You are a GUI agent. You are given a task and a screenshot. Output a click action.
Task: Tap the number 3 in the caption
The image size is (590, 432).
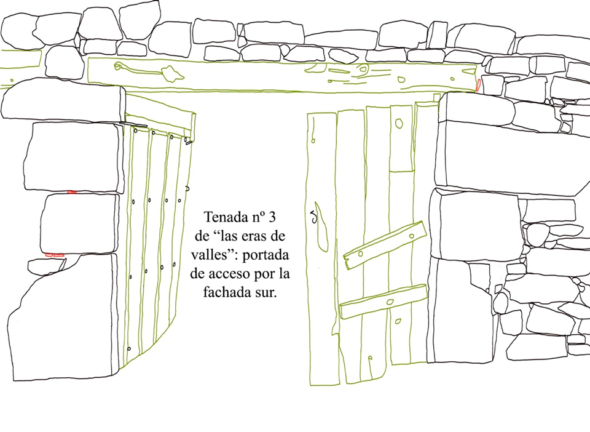(272, 217)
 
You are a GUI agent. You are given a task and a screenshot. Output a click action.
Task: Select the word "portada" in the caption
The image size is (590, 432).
(265, 256)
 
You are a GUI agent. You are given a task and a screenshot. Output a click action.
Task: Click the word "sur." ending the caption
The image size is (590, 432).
(265, 293)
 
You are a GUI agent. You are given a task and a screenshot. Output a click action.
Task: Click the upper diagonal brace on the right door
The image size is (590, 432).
(385, 245)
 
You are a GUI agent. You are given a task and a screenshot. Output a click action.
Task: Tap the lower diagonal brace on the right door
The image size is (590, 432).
(383, 302)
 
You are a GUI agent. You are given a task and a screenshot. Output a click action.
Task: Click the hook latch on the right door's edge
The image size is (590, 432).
(313, 217)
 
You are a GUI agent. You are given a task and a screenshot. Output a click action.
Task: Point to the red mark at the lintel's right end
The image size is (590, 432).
(478, 85)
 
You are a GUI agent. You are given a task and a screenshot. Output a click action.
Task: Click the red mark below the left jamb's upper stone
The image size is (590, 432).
(71, 192)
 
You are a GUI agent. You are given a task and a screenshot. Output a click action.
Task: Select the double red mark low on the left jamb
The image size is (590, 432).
(55, 255)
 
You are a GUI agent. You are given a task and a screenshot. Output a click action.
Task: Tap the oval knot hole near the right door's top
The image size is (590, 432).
(399, 123)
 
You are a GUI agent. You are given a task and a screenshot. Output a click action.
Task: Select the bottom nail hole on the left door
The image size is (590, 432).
(129, 349)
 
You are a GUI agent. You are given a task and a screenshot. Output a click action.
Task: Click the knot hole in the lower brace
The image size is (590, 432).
(390, 302)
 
